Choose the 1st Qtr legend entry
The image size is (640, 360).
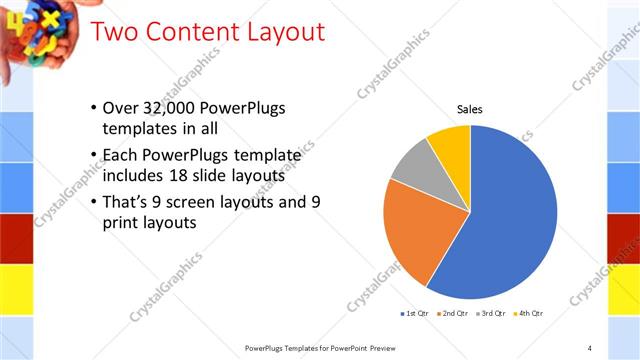pyautogui.click(x=416, y=313)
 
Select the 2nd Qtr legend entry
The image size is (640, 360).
pyautogui.click(x=454, y=313)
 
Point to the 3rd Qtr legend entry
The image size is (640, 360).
pyautogui.click(x=491, y=313)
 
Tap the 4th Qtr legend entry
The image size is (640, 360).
pyautogui.click(x=528, y=313)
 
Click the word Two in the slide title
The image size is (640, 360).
pyautogui.click(x=115, y=32)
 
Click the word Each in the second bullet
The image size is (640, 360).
pyautogui.click(x=121, y=155)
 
